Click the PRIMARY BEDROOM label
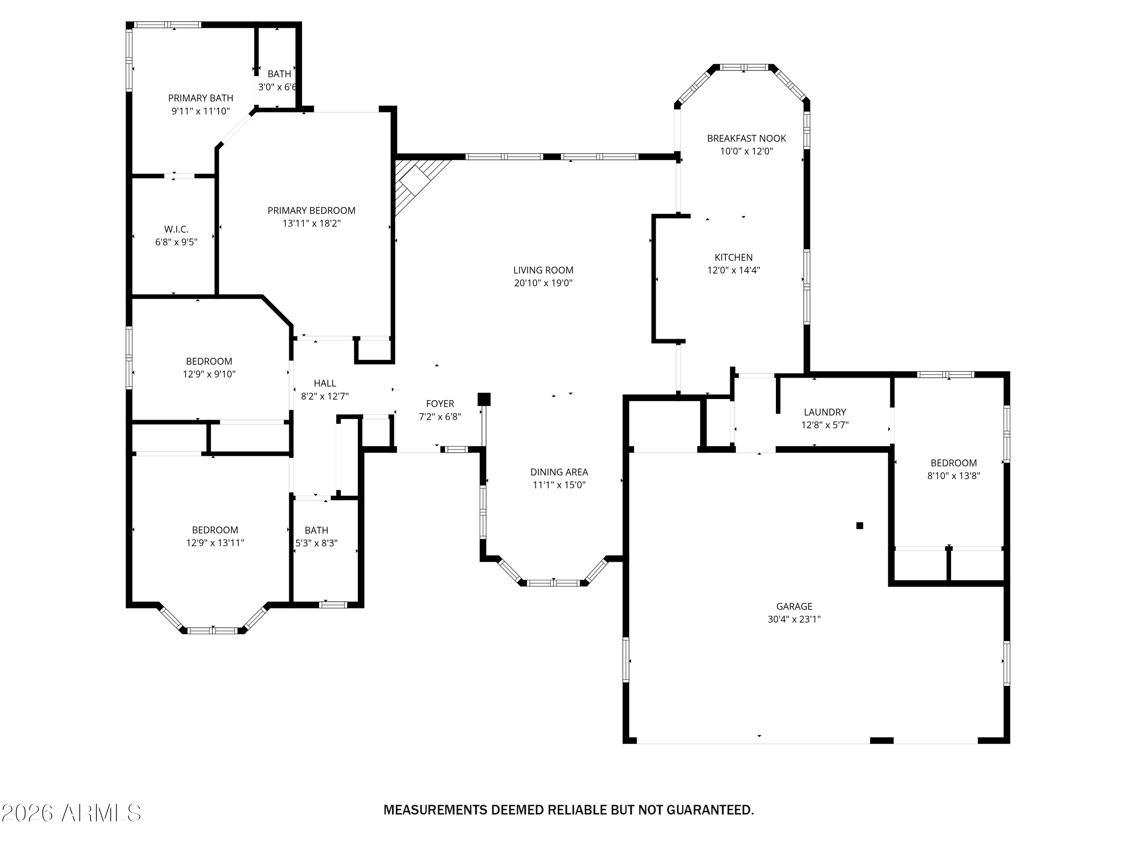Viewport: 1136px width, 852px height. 311,211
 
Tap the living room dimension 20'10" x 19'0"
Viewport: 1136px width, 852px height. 543,283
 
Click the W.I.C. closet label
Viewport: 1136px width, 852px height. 176,229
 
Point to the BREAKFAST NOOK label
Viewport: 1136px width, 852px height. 746,138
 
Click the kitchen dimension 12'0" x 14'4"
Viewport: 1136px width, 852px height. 733,270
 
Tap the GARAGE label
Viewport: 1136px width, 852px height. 794,607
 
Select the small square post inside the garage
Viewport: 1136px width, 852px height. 860,525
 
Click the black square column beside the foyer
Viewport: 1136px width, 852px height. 484,399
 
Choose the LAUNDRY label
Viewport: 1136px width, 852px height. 825,412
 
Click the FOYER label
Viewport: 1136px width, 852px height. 440,404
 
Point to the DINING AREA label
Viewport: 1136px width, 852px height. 559,472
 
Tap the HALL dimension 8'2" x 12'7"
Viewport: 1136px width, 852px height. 325,396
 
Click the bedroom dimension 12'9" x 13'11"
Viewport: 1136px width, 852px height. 215,543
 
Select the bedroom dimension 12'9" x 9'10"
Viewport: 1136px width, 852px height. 209,374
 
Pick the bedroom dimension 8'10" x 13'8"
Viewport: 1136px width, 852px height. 953,476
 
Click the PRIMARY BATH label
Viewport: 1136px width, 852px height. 200,98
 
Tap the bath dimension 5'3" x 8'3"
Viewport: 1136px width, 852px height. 316,543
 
